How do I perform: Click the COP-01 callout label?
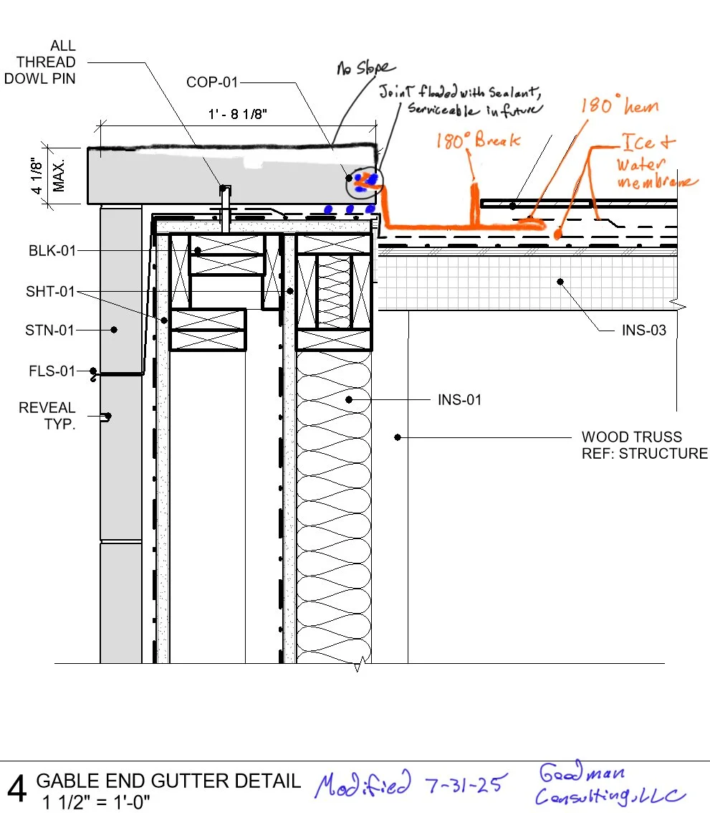(211, 82)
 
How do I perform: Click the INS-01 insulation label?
(459, 399)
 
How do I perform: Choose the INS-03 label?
(644, 331)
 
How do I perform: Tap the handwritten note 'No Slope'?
(366, 68)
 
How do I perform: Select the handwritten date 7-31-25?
(464, 783)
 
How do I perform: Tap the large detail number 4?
(17, 789)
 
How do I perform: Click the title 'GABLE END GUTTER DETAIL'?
(168, 781)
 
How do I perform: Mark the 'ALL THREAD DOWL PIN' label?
(40, 62)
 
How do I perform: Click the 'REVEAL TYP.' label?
(47, 416)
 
